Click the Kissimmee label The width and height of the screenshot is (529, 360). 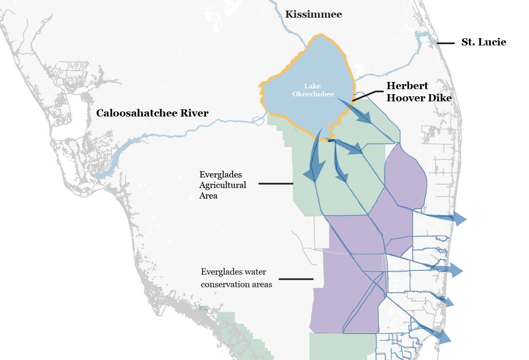pos(313,15)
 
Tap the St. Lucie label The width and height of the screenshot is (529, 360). pos(484,42)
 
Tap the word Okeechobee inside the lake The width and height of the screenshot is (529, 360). pos(313,94)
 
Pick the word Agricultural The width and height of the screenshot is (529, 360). pos(223,185)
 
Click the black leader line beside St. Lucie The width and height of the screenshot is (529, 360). pos(446,43)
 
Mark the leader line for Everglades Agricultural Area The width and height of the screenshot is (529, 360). pos(275,183)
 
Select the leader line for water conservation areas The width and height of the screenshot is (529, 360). pos(296,279)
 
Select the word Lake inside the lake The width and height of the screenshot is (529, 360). pos(312,86)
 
